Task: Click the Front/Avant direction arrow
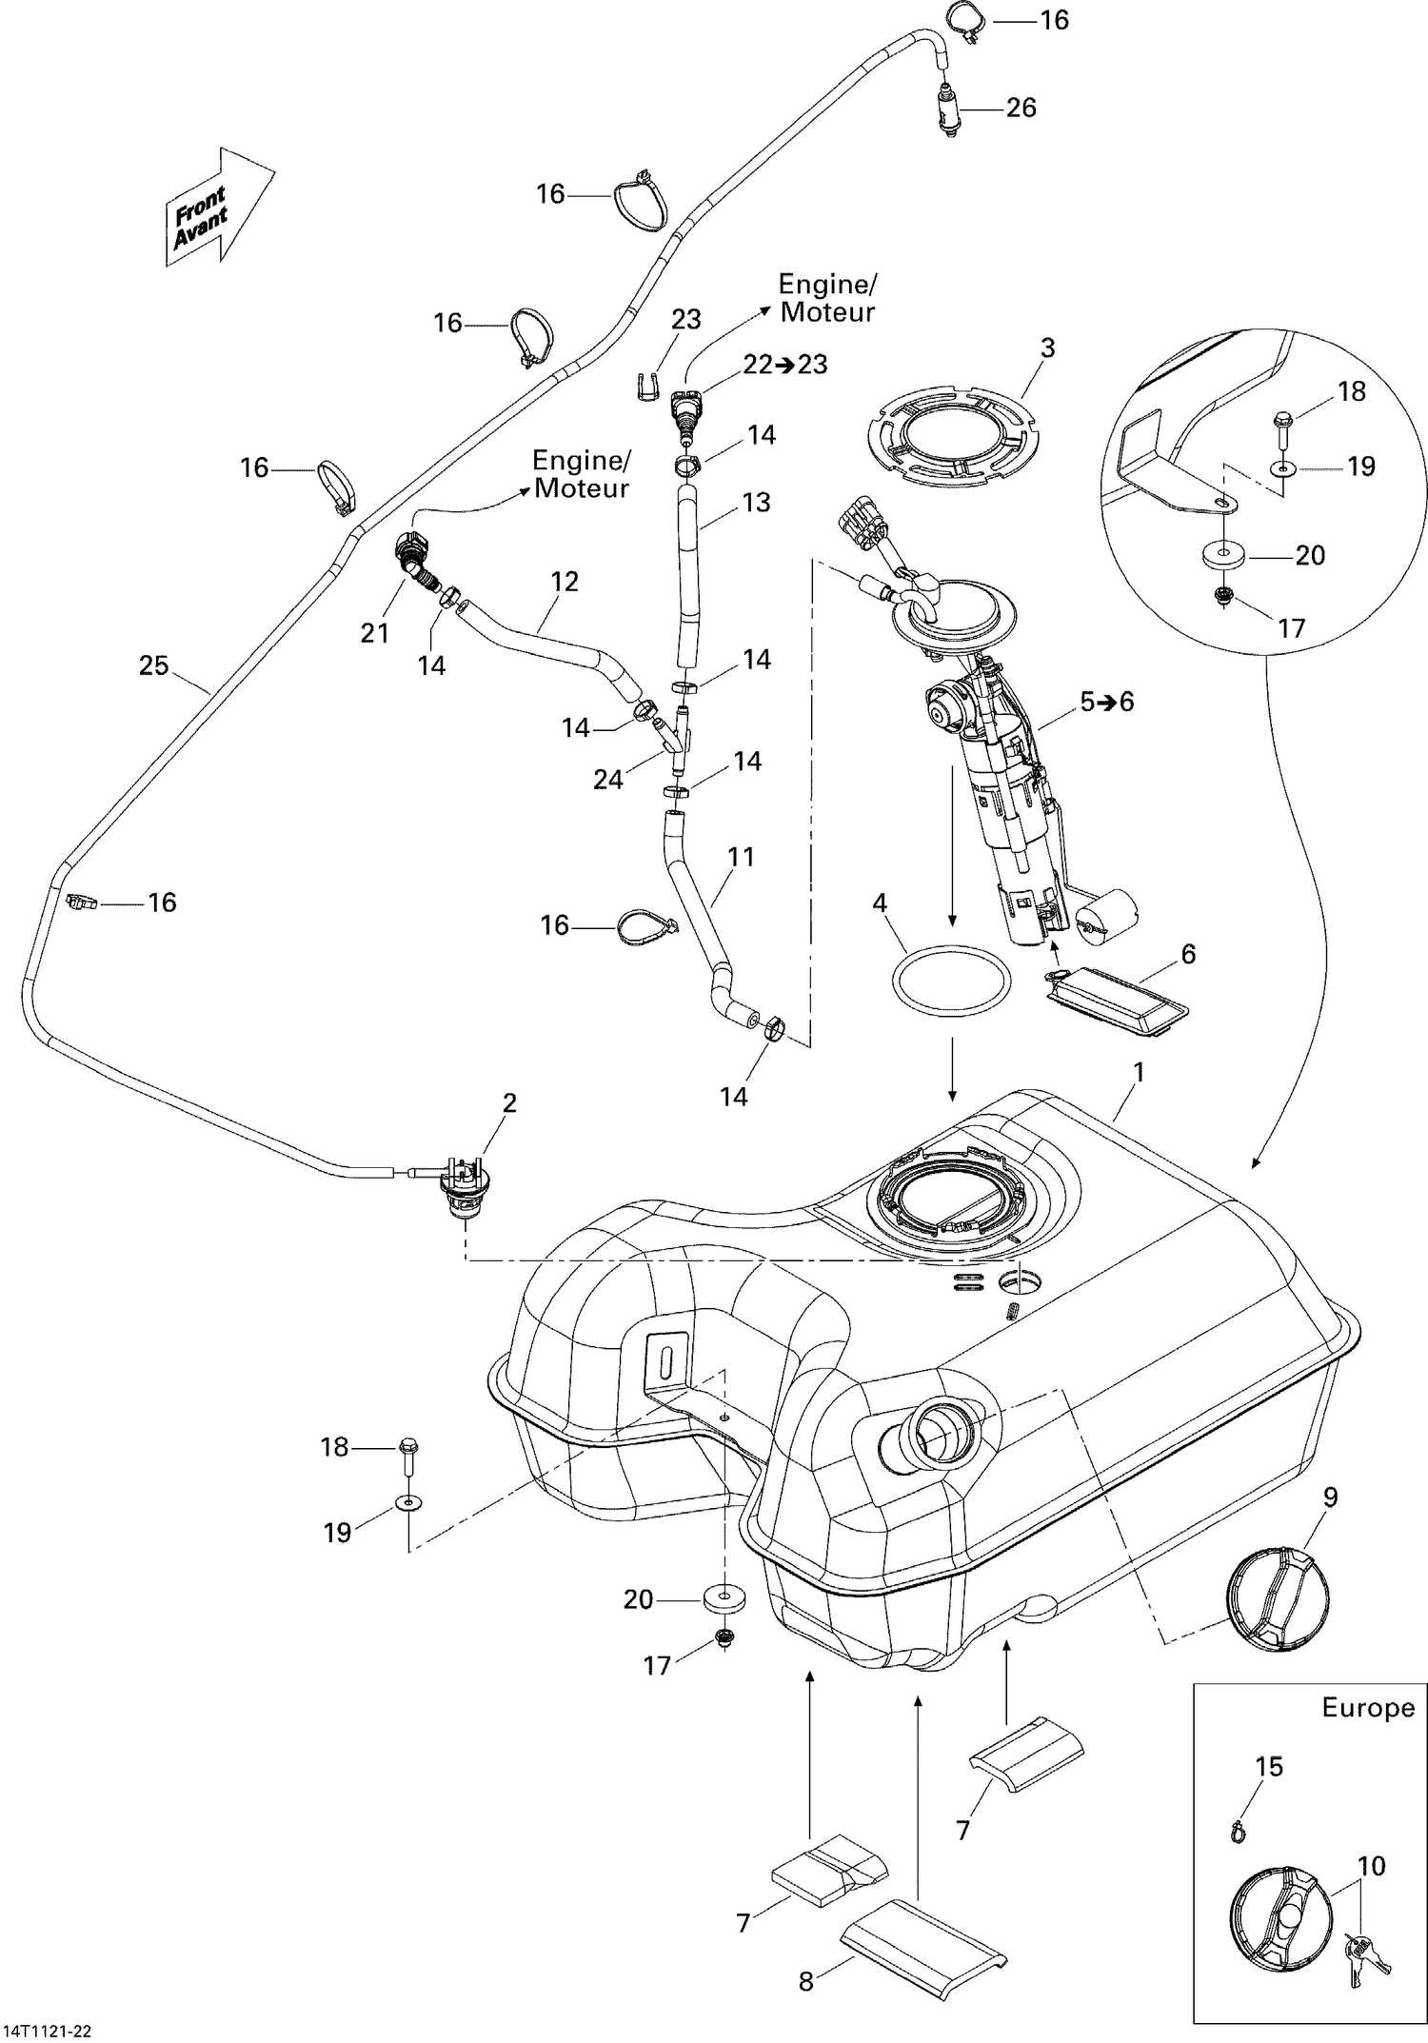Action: tap(217, 208)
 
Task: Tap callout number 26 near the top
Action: tap(1021, 108)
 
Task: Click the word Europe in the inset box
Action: tap(1367, 1707)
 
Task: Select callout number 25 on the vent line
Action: tap(154, 665)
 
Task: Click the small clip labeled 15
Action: tap(1238, 1829)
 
